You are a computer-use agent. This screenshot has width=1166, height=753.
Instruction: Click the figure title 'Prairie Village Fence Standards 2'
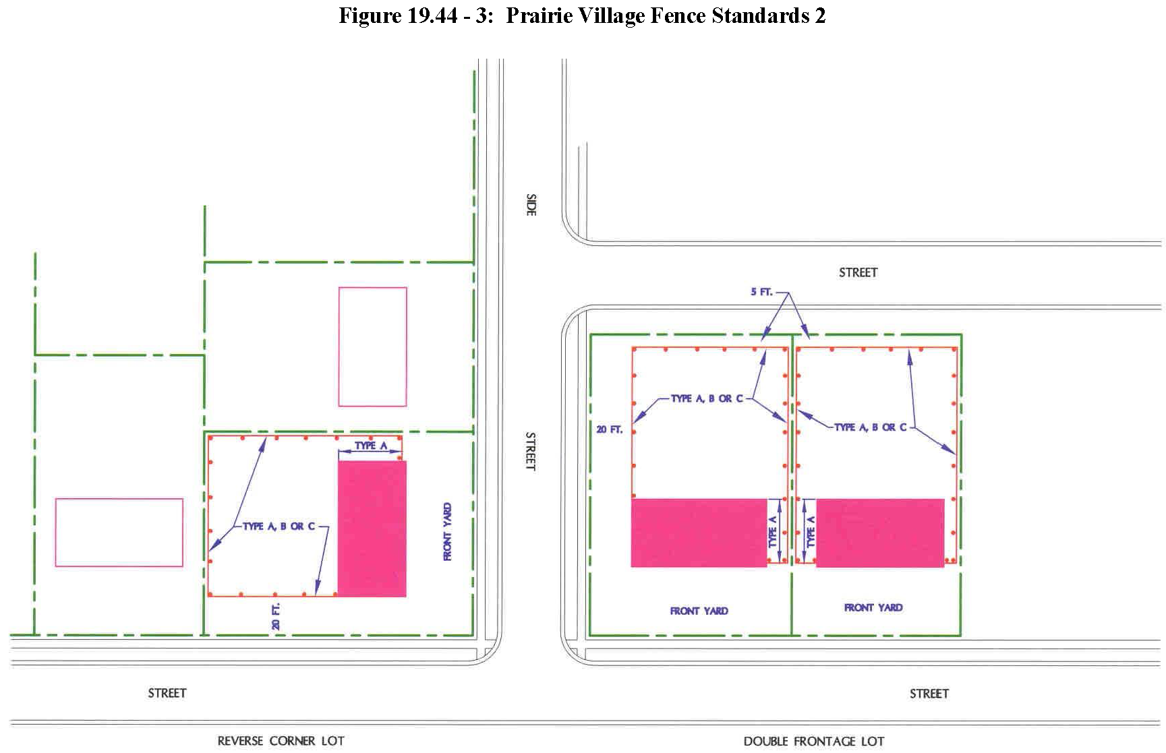[x=666, y=15]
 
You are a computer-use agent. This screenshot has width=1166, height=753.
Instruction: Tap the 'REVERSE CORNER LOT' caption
[x=281, y=741]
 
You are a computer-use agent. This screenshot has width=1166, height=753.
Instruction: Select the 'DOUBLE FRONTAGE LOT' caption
[x=814, y=742]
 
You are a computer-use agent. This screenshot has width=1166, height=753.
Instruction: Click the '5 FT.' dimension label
[x=762, y=293]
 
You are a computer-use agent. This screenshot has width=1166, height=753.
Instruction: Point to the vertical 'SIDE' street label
[x=531, y=205]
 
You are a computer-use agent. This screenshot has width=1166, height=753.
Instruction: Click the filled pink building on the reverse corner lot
[x=372, y=529]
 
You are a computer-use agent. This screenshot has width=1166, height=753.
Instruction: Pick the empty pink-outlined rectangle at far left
[x=119, y=533]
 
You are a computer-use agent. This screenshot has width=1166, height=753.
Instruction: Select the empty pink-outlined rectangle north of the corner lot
[x=372, y=347]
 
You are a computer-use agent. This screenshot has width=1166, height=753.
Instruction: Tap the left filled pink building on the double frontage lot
[x=699, y=533]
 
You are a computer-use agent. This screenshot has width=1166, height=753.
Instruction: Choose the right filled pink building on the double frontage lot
[x=880, y=533]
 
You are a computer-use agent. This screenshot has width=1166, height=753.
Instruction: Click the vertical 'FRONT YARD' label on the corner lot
[x=448, y=532]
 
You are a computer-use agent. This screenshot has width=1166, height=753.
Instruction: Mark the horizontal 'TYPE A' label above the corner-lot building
[x=371, y=446]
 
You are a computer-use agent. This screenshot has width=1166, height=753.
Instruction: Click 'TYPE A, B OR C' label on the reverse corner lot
[x=279, y=526]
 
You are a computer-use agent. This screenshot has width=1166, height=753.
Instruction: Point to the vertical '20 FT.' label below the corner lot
[x=276, y=617]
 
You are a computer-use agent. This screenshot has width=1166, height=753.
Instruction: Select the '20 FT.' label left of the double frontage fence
[x=610, y=429]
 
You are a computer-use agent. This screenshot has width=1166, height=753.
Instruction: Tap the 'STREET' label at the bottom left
[x=167, y=693]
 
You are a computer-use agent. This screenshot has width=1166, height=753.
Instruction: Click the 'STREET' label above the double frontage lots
[x=858, y=272]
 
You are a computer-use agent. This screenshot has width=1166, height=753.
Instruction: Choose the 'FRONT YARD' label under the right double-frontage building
[x=873, y=607]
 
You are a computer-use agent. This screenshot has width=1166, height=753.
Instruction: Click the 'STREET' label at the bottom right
[x=929, y=694]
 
